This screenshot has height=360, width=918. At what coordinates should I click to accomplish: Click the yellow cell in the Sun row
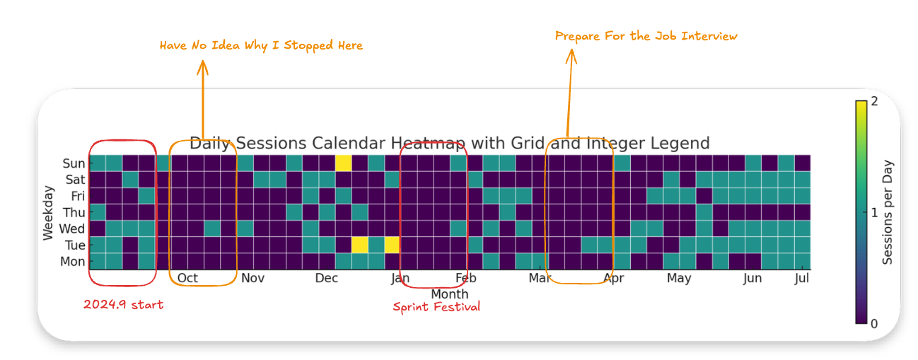point(343,163)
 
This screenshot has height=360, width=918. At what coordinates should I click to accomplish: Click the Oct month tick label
point(187,278)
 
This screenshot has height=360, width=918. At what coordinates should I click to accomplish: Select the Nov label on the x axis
point(252,278)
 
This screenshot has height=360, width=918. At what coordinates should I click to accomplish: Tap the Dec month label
point(326,278)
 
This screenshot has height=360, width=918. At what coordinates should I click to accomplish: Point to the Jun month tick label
point(752,278)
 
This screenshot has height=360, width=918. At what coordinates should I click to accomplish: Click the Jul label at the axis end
point(801,278)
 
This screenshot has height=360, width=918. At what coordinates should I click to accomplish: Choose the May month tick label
point(678,278)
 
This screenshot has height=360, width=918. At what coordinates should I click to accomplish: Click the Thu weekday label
point(74,212)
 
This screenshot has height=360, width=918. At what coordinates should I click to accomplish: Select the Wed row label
point(73,228)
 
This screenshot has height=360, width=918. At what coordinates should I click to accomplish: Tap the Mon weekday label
point(73,262)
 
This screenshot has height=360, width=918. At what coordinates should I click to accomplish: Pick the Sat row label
point(75,180)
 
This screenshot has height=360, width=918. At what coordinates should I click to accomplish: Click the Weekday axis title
point(48,212)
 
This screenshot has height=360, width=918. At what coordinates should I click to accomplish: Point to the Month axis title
point(449,294)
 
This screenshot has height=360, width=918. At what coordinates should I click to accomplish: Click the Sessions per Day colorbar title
point(888,212)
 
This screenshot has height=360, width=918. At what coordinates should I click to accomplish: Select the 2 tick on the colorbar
point(875,102)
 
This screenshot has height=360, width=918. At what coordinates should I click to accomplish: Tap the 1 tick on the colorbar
point(875,212)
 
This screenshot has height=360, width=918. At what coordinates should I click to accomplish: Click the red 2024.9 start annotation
point(123,305)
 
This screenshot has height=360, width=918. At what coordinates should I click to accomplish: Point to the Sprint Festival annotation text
point(436,307)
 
